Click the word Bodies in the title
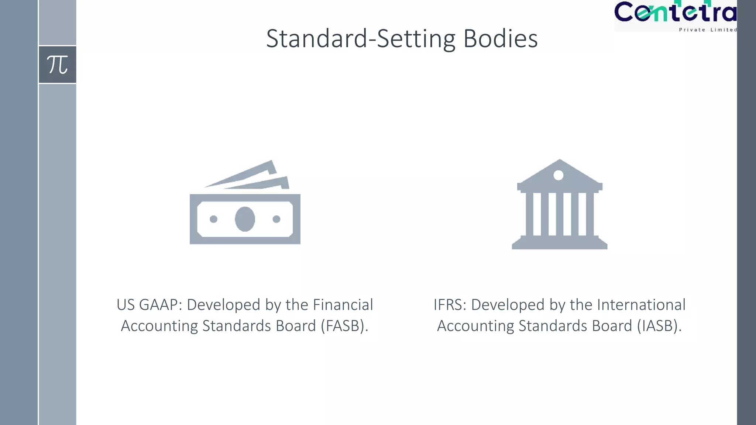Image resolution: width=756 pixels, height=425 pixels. pyautogui.click(x=500, y=39)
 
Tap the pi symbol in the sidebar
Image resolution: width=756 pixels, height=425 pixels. pyautogui.click(x=58, y=65)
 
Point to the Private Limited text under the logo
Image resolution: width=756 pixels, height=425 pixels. pyautogui.click(x=708, y=30)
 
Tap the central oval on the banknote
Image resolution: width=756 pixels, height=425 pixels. pyautogui.click(x=245, y=219)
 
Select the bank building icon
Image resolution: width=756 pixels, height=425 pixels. pyautogui.click(x=559, y=204)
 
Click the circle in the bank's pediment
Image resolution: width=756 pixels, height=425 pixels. pyautogui.click(x=559, y=175)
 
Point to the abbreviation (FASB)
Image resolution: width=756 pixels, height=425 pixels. pyautogui.click(x=344, y=326)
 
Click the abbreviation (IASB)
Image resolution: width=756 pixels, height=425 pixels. pyautogui.click(x=659, y=326)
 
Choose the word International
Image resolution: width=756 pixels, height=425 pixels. pyautogui.click(x=641, y=305)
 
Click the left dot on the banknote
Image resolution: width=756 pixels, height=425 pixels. pyautogui.click(x=213, y=219)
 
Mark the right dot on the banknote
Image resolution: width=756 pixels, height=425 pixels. pyautogui.click(x=276, y=219)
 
